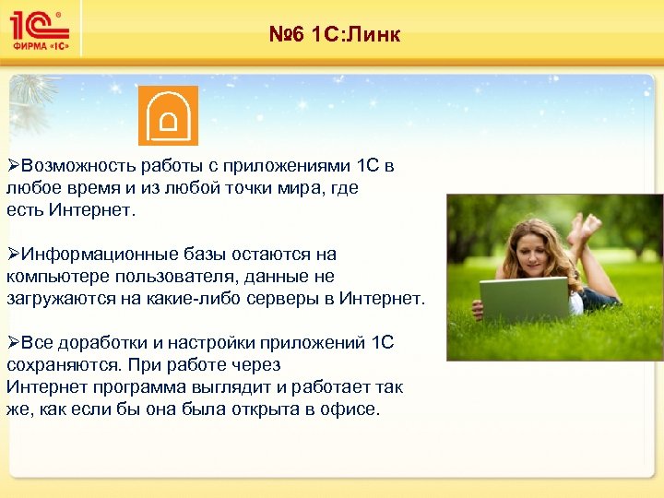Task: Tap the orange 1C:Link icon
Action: pyautogui.click(x=168, y=116)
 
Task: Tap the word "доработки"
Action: pyautogui.click(x=105, y=343)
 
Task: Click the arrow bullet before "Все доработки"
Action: pyautogui.click(x=13, y=343)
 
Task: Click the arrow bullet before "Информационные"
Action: pyautogui.click(x=13, y=255)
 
